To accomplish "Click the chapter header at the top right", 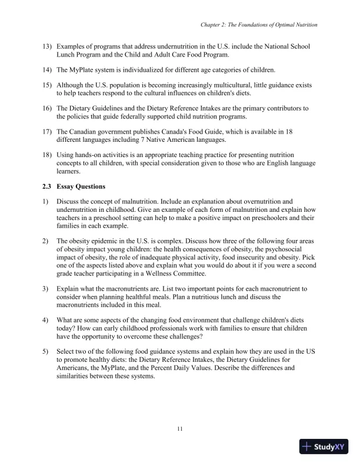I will tap(259, 25).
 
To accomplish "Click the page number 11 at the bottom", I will tap(180, 428).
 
